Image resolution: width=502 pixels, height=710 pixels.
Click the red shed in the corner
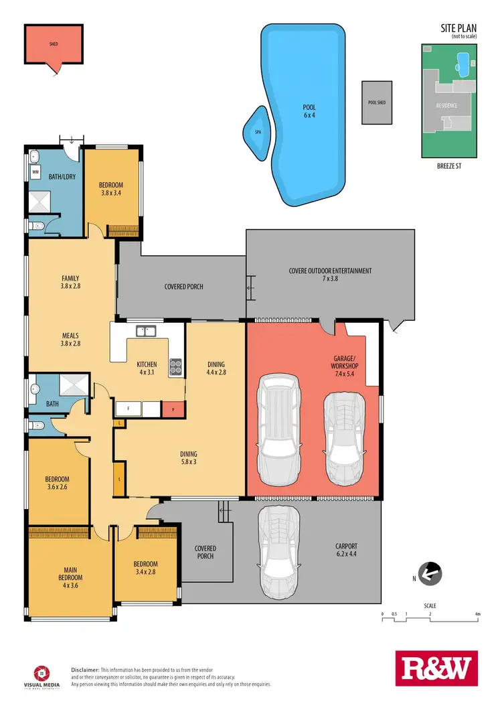pos(53,46)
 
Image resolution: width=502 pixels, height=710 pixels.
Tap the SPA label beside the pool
pos(258,133)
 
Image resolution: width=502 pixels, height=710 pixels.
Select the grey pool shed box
pos(377,102)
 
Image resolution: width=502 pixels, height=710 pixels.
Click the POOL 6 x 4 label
pos(309,111)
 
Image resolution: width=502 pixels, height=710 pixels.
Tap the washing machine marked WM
pos(35,172)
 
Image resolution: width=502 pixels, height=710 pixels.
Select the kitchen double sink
pos(145,331)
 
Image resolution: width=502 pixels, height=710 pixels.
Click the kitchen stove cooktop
pos(176,366)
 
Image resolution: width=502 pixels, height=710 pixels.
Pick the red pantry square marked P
pos(173,409)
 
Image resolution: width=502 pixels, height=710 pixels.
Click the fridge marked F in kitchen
pos(127,409)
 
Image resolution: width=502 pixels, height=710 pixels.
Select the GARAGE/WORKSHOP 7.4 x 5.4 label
pos(344,366)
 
